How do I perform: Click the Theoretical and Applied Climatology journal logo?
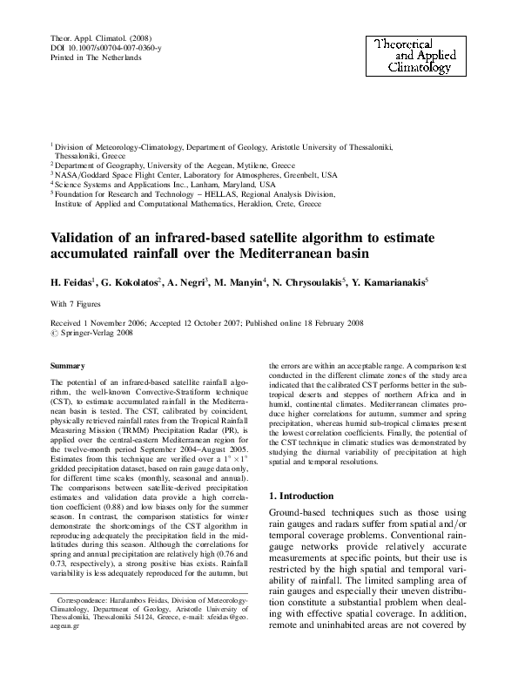click(x=413, y=54)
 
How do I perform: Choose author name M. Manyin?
click(x=263, y=282)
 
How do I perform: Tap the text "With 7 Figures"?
click(x=77, y=304)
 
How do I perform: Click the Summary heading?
click(x=67, y=367)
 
